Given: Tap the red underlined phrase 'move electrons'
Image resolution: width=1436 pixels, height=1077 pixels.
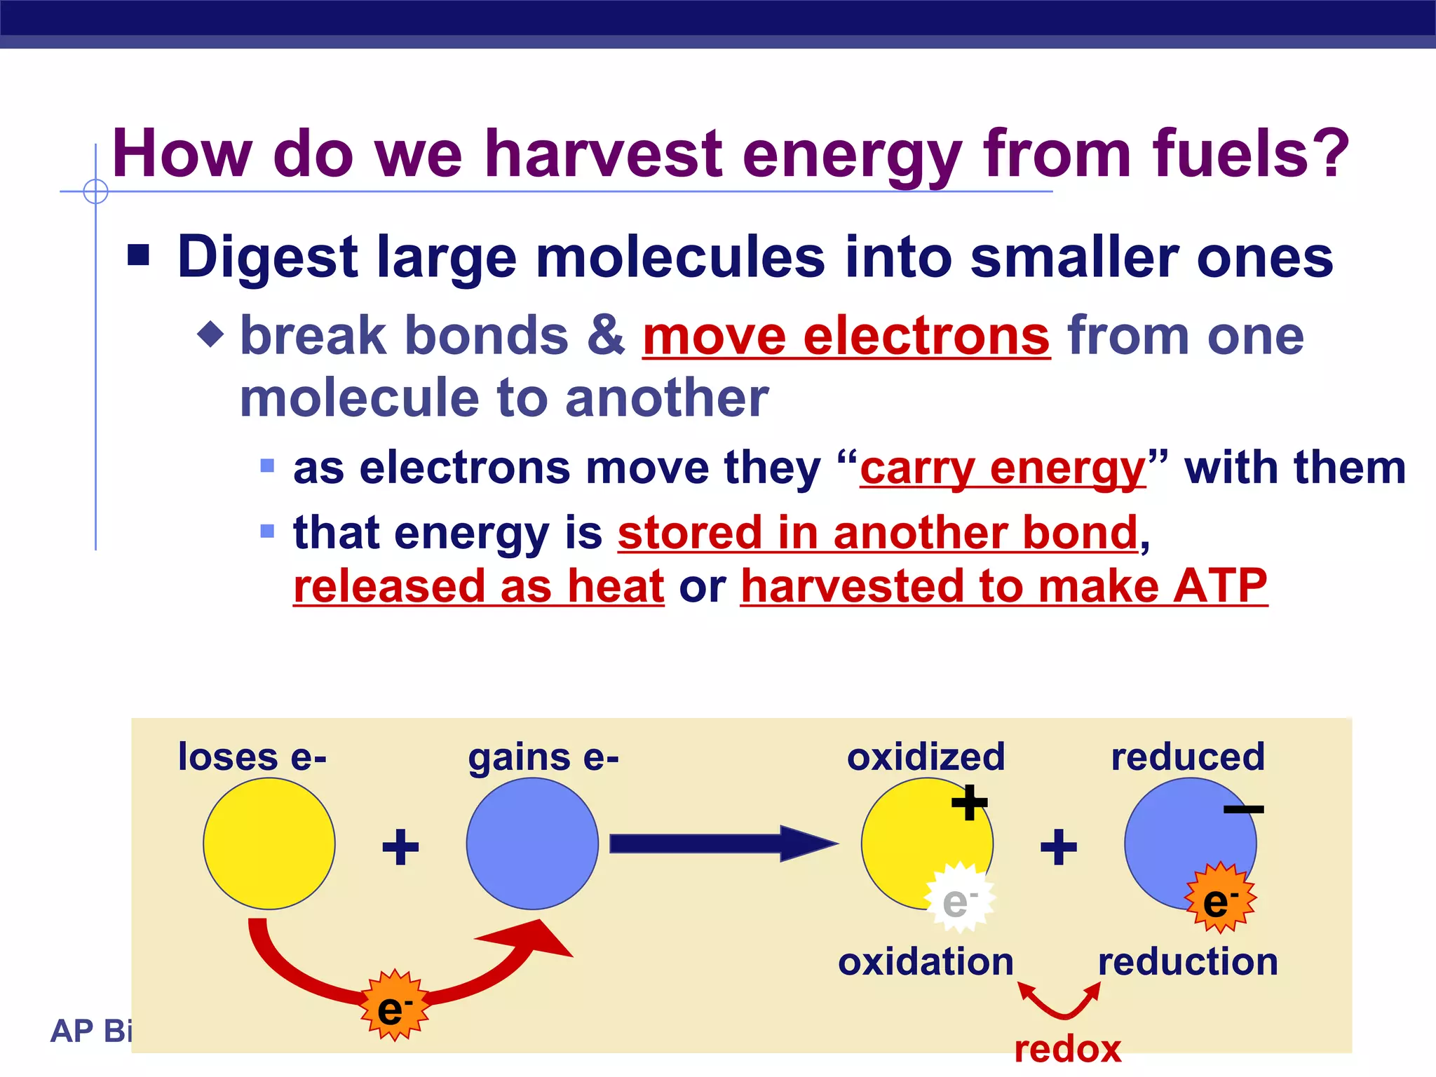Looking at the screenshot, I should click(846, 337).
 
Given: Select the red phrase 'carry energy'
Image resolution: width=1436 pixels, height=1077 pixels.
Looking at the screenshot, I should click(1003, 468).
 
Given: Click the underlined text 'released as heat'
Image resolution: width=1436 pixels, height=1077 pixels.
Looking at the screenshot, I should click(478, 586).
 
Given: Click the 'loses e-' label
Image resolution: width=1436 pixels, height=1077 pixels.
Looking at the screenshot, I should click(252, 757).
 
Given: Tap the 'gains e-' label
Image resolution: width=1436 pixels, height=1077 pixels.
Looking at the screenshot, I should click(543, 757).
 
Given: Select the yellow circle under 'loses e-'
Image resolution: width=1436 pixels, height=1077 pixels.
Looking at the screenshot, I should click(269, 844).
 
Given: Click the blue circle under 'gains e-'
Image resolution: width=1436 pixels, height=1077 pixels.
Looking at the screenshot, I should click(532, 844).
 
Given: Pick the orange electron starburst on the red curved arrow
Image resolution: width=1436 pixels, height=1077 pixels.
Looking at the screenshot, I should click(394, 1005).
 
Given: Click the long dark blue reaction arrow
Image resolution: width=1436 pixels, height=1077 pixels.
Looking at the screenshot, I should click(722, 844).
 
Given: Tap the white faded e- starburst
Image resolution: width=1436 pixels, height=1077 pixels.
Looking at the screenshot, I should click(959, 898).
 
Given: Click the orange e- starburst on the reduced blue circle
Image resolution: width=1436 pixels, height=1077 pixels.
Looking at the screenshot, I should click(1220, 898).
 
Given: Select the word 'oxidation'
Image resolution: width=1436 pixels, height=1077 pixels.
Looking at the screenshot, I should click(926, 962).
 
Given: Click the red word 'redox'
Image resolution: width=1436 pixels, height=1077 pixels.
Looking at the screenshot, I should click(1067, 1050).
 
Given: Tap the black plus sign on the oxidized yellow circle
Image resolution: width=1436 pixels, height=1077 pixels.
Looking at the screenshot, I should click(969, 803).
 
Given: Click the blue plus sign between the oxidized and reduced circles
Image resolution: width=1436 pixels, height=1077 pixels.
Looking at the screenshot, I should click(1058, 847).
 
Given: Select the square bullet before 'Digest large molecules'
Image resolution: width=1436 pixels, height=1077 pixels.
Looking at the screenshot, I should click(139, 256).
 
